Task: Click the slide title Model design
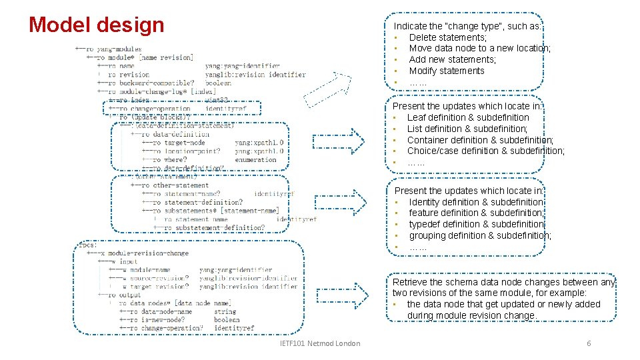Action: point(97,25)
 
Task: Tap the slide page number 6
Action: point(589,343)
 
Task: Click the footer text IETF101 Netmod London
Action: point(321,343)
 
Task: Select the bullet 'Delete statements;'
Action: point(447,37)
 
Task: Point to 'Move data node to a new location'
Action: point(479,48)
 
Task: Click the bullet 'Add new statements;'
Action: point(452,59)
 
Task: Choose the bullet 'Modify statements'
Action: point(447,71)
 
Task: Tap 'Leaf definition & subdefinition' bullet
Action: point(468,117)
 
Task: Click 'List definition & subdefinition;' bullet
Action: point(467,129)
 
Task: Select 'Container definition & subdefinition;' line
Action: point(480,140)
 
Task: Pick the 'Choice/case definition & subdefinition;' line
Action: point(485,151)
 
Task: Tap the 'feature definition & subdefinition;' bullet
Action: point(477,213)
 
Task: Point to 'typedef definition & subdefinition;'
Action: point(477,224)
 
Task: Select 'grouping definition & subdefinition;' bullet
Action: point(480,235)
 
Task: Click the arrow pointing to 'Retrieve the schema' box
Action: point(341,297)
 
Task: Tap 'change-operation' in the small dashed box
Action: point(160,109)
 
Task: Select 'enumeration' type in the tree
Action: point(255,160)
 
